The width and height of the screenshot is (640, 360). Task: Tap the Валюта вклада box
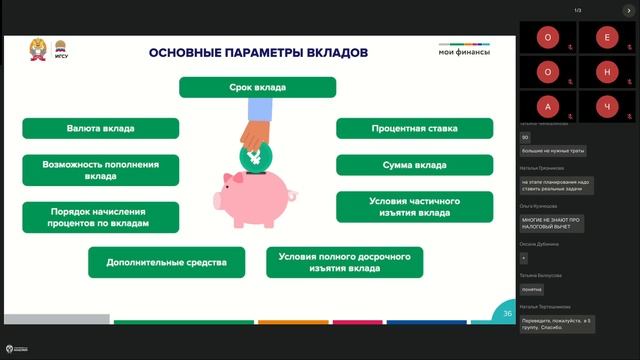(100, 128)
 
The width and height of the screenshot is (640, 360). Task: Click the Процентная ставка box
(414, 128)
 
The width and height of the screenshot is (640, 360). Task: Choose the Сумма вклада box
(414, 164)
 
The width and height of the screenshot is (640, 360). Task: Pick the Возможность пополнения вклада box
(100, 169)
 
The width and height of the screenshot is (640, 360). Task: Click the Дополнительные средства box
(166, 263)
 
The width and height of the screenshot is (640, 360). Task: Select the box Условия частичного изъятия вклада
(414, 206)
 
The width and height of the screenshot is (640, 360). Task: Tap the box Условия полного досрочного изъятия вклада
(344, 263)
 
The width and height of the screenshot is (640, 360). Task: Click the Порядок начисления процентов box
(100, 217)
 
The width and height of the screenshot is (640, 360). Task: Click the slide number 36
(507, 313)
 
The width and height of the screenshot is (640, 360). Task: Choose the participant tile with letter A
(547, 106)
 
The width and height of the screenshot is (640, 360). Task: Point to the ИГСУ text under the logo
(60, 59)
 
